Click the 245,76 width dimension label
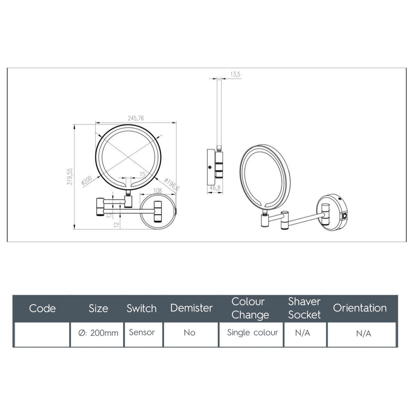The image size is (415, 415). click(136, 118)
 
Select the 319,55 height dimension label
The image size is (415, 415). click(70, 176)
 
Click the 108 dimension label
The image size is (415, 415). click(158, 191)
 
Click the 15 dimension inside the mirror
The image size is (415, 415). click(143, 174)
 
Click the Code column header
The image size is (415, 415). click(42, 308)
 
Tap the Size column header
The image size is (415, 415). click(98, 308)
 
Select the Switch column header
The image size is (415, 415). click(142, 308)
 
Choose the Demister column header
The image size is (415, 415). click(191, 308)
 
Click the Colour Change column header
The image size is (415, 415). click(250, 308)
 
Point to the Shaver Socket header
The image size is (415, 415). click(304, 308)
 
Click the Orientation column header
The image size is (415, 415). click(360, 308)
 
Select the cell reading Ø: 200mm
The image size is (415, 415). click(98, 333)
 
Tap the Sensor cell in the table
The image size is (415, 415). click(142, 332)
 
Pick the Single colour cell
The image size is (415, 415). click(252, 333)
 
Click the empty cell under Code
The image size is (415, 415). click(42, 334)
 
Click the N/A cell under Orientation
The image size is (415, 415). click(363, 334)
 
